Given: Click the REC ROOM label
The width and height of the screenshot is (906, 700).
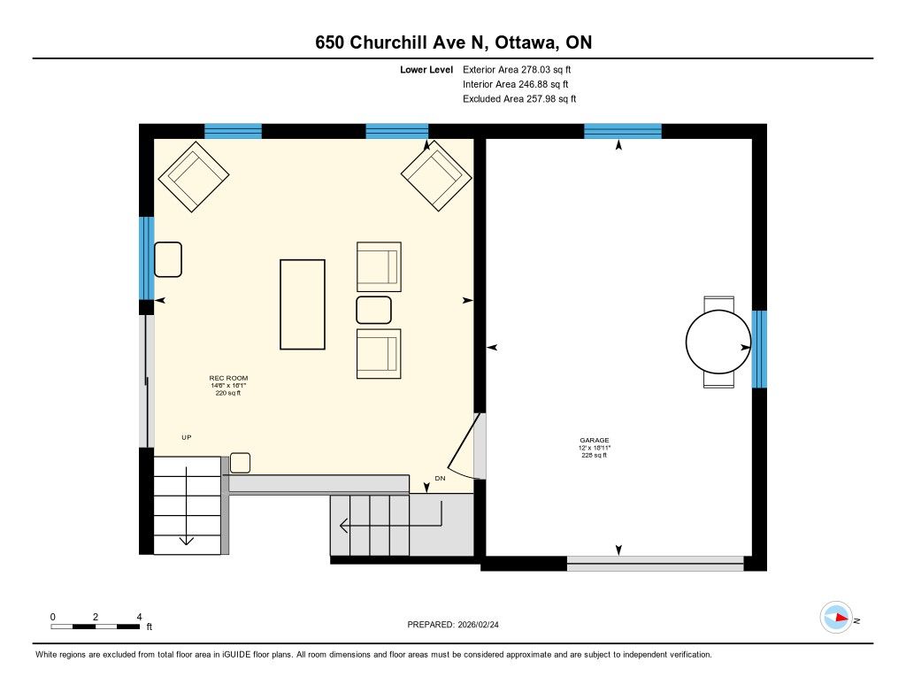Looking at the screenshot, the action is pos(228,378).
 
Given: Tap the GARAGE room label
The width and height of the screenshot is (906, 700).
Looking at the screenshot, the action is pos(595,441).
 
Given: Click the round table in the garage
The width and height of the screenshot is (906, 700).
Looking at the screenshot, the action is pos(718,342).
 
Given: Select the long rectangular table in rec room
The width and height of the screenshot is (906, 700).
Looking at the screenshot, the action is pos(303,304).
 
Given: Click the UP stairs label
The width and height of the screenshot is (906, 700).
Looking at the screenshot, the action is pos(187,437).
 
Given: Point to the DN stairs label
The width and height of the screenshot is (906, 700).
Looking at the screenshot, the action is pos(441,479).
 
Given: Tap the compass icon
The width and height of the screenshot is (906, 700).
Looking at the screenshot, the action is pos(836,618).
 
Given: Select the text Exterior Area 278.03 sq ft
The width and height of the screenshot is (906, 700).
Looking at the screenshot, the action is pos(517,70).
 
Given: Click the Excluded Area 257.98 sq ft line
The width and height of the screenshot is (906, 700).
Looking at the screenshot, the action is pos(519,99).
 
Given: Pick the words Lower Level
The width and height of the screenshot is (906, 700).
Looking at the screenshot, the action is pos(426,70).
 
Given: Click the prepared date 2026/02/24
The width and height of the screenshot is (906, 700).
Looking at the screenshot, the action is pos(479,625).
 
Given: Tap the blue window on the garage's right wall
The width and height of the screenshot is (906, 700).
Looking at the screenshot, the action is pos(759,350).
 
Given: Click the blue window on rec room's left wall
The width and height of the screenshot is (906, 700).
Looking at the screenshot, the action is pos(147,258).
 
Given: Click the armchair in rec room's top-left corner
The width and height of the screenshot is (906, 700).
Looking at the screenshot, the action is pos(194,176).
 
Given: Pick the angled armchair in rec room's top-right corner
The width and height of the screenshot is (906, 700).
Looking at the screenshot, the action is pos(436,175).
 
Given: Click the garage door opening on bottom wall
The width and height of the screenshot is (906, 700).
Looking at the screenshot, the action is pos(656,564).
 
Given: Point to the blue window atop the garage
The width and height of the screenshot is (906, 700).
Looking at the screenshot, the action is pos(622,131).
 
